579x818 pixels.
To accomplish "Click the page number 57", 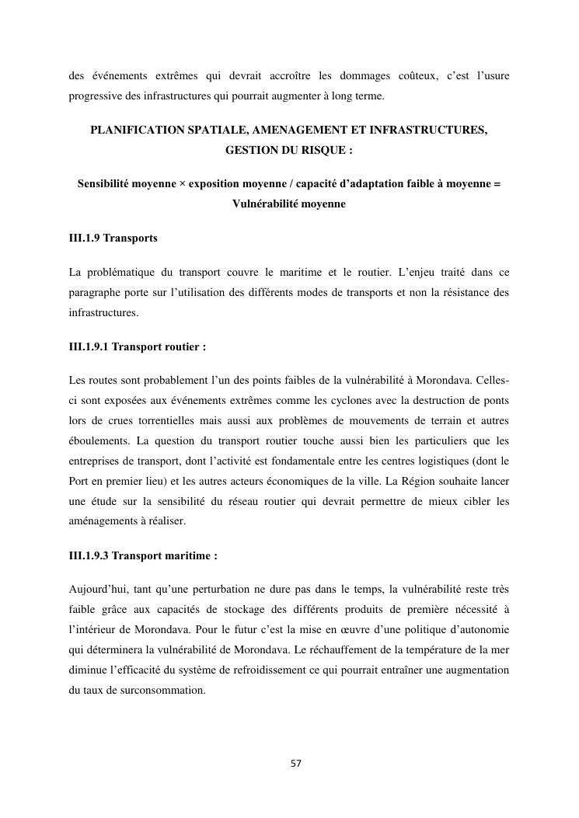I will (296, 764).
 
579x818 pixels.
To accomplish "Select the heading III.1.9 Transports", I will (113, 238).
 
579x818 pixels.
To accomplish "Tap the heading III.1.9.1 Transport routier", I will (137, 346).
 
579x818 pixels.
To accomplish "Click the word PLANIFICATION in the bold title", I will (137, 130).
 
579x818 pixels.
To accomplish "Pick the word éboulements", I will (96, 440).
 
